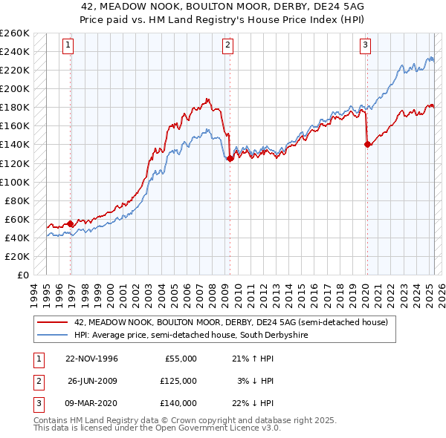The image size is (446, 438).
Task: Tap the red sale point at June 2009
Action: (x=230, y=158)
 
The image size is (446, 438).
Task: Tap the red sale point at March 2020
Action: (x=367, y=145)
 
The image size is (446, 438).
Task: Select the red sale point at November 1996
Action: (x=71, y=223)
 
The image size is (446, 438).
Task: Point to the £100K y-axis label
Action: (x=15, y=182)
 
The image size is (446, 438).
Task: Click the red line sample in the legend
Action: (x=52, y=323)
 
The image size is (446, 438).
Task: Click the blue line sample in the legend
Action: (x=52, y=335)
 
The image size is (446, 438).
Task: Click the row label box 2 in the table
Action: (x=36, y=381)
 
